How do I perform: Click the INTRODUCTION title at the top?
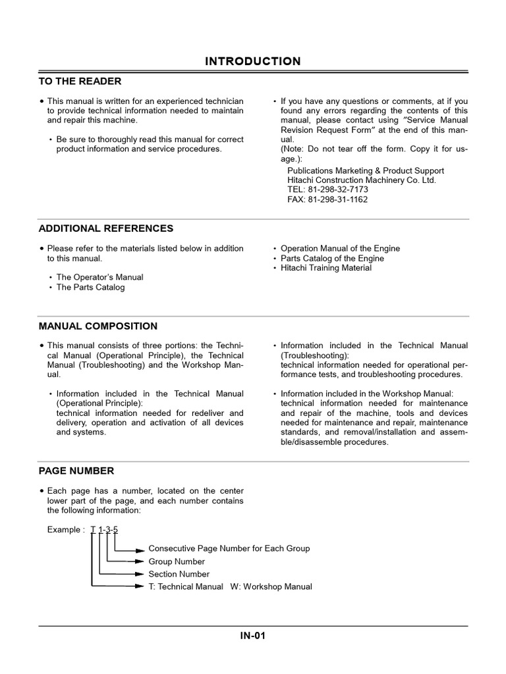pos(253,61)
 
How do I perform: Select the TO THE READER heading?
pos(80,81)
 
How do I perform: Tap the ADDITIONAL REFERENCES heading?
pos(106,228)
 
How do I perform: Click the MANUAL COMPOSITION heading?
pos(98,326)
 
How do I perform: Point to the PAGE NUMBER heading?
pos(76,471)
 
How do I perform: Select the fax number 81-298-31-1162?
pos(327,199)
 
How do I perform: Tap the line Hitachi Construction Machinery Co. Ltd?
pos(362,180)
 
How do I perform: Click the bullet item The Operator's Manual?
pos(99,277)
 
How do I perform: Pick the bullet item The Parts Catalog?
pos(90,287)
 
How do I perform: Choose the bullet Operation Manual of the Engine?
pos(340,248)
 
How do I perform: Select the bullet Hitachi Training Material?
pos(326,268)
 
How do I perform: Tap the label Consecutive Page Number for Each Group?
pos(229,548)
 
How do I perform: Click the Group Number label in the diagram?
pos(177,561)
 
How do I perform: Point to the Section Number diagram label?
pos(179,574)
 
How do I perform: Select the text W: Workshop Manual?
pos(271,586)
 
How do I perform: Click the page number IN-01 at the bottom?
pos(253,636)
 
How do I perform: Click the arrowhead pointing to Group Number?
pos(139,561)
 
